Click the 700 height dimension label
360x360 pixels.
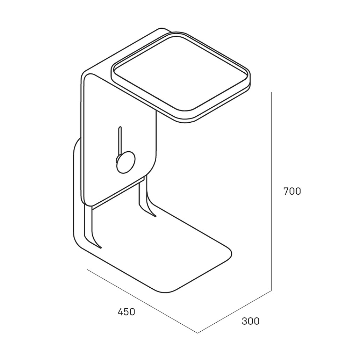tap(292, 191)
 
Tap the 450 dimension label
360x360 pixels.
tap(126, 312)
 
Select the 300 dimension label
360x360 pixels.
tap(251, 321)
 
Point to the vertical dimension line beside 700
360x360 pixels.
tap(271, 192)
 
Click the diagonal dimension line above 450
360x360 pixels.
tap(142, 301)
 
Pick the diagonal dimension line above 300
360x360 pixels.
tap(235, 312)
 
